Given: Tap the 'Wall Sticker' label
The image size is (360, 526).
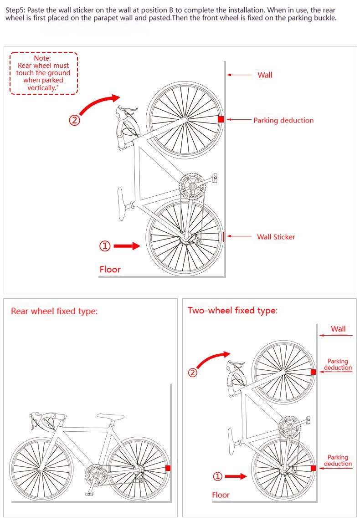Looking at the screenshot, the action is (x=276, y=237).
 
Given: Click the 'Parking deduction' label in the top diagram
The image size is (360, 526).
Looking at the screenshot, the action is (x=283, y=120).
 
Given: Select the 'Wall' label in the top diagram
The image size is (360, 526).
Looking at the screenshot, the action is (x=265, y=75).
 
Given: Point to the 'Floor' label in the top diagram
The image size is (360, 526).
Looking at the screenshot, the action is (x=110, y=269).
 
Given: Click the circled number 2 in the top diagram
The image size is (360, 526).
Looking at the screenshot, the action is (x=75, y=120).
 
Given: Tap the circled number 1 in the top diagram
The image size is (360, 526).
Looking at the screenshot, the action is (x=105, y=246).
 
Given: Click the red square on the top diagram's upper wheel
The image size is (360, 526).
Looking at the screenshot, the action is (x=221, y=119).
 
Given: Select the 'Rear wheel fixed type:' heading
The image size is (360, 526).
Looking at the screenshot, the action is (x=54, y=312).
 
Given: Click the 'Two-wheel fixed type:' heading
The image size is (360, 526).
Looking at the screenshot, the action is (x=233, y=310).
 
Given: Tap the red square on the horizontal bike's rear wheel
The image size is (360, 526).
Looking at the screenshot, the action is (x=168, y=468).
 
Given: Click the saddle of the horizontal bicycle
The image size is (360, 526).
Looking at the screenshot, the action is (x=110, y=417).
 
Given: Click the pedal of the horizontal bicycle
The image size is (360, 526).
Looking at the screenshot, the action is (x=89, y=494).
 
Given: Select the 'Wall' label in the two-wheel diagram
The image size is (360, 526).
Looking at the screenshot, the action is (x=338, y=329).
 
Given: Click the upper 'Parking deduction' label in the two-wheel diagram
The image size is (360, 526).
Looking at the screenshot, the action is (x=338, y=364).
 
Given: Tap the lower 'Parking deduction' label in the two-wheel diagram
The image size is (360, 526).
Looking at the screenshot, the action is (x=338, y=460).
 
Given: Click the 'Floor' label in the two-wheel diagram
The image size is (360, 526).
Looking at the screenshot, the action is (x=221, y=495).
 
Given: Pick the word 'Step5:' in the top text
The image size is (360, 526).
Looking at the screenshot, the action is (x=15, y=10).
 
